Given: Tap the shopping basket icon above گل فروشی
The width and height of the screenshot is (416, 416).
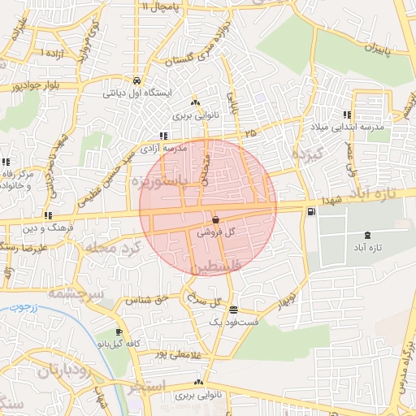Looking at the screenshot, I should [215, 219].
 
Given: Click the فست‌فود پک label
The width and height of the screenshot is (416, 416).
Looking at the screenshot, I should [233, 323].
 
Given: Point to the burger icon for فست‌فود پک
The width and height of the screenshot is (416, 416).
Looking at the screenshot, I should [233, 310].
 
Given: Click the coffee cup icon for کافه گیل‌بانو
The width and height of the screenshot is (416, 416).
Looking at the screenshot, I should [119, 332].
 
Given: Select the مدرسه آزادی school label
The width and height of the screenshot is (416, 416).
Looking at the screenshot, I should [164, 149].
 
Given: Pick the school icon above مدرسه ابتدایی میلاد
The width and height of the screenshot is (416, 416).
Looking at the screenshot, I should [348, 115].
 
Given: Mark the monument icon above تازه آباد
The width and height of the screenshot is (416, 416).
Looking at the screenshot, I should [370, 235].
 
